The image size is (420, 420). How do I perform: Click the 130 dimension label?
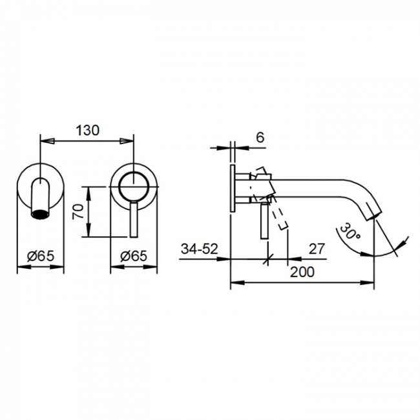(x=88, y=131)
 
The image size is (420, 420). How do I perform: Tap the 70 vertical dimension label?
(x=78, y=211)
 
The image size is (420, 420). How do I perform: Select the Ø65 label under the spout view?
(x=41, y=256)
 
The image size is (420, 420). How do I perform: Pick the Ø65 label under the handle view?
(x=134, y=256)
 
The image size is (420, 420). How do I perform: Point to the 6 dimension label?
(x=260, y=138)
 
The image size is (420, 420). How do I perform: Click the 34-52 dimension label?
(x=199, y=249)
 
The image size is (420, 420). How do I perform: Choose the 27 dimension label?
(x=317, y=249)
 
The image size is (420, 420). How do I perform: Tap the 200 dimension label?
(x=302, y=272)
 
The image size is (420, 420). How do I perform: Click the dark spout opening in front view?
(x=40, y=215)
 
